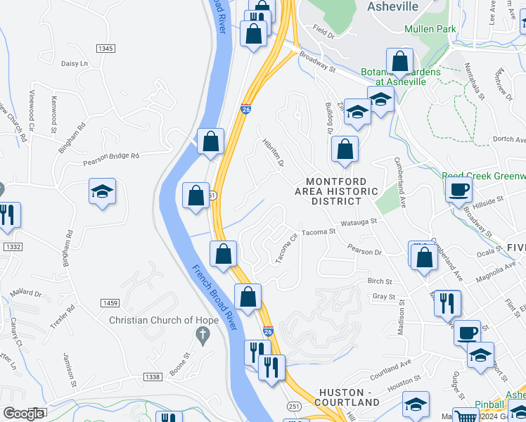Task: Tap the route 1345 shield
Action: click(105, 48)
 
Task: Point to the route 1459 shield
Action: click(108, 303)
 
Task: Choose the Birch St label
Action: click(379, 281)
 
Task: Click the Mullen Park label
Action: click(430, 29)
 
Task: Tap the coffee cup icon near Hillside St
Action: click(459, 190)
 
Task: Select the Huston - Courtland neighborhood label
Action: click(349, 397)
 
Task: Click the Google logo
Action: click(23, 414)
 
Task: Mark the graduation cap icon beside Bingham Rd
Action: click(102, 191)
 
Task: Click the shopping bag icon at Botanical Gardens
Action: click(399, 62)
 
